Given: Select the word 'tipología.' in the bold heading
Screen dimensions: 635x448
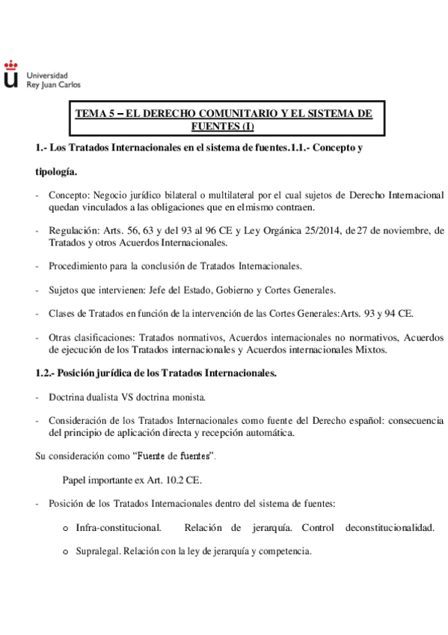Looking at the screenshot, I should pyautogui.click(x=55, y=171).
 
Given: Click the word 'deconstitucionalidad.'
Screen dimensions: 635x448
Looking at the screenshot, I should pyautogui.click(x=390, y=528).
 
